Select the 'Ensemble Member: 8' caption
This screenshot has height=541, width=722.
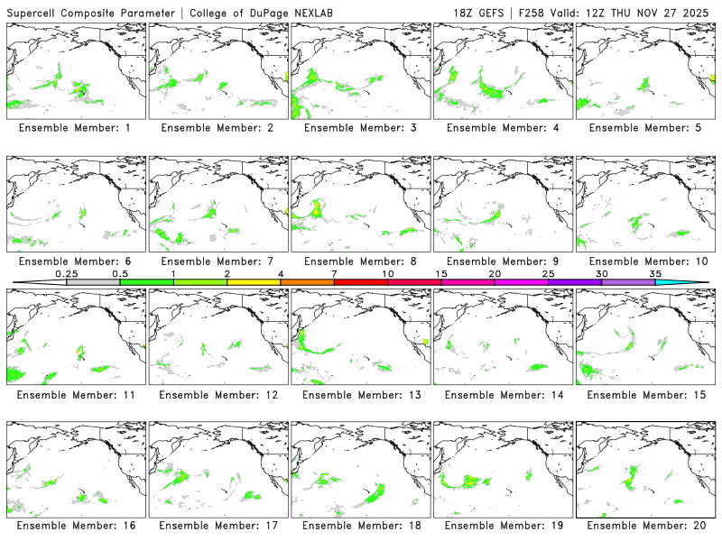click(x=360, y=261)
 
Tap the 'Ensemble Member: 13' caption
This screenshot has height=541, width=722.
click(x=360, y=394)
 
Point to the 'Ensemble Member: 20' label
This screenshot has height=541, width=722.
click(x=645, y=526)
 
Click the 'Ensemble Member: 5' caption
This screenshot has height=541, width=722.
click(x=645, y=128)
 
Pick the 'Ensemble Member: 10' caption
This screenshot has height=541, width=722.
click(x=645, y=261)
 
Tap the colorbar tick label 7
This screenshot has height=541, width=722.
click(x=334, y=273)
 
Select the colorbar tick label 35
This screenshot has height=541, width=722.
click(x=655, y=273)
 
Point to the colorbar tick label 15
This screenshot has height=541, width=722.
click(x=441, y=273)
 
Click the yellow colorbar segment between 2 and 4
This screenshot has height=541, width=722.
click(x=254, y=282)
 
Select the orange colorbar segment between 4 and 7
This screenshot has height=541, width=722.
click(x=307, y=282)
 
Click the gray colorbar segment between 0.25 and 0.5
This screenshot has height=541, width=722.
click(x=93, y=282)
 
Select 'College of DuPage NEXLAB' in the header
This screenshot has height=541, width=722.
click(x=262, y=13)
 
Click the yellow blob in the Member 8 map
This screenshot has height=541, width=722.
click(x=318, y=210)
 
